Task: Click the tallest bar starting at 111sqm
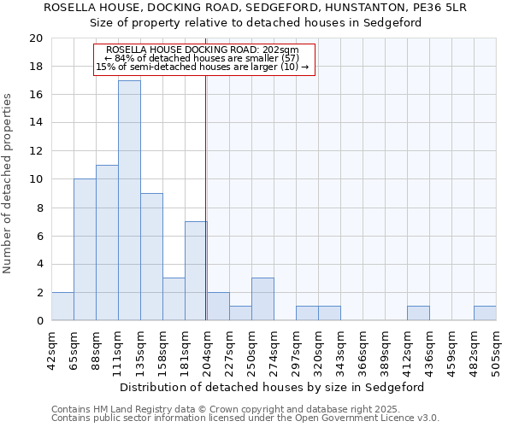[x=129, y=201]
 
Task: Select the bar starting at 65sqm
[x=85, y=249]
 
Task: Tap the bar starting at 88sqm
[x=107, y=243]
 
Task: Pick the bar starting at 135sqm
[x=151, y=257]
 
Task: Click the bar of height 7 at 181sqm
[x=196, y=271]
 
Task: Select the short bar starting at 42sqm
[x=62, y=307]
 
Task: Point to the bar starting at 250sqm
[x=262, y=299]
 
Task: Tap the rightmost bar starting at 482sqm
[x=485, y=313]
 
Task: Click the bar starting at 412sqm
[x=418, y=313]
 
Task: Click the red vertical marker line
[x=206, y=213]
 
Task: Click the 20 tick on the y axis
[x=35, y=38]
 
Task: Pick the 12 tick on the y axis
[x=35, y=151]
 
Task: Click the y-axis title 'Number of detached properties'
[x=9, y=184]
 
